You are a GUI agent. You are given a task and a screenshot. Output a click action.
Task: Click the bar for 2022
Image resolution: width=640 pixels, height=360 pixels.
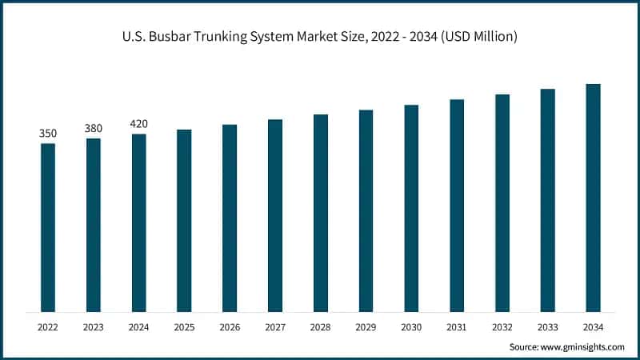48,227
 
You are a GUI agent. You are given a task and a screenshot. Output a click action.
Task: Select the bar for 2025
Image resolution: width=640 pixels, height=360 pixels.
184,220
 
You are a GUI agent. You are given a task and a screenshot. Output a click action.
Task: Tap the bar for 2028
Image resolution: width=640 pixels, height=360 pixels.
321,213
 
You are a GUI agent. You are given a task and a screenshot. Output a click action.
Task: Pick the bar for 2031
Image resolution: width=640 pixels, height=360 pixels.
457,205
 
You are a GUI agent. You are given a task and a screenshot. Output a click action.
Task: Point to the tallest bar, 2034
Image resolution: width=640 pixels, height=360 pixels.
593,198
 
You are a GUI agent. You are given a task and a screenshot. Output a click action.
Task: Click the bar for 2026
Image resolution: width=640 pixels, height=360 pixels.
230,218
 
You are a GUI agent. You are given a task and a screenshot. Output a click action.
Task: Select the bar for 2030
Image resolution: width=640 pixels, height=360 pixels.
411,208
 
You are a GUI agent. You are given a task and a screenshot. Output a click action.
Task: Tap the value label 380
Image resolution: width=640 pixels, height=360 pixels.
94,128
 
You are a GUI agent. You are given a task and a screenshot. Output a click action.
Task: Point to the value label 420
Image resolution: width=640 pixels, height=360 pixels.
139,123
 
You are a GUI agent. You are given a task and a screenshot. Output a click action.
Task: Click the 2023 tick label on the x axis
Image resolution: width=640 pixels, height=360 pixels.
94,327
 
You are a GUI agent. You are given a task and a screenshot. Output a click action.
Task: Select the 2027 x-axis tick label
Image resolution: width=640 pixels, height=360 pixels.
275,327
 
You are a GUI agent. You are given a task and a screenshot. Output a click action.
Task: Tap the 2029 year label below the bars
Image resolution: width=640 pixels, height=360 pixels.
366,327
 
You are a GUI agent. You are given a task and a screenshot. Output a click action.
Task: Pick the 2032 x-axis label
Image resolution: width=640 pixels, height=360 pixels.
502,327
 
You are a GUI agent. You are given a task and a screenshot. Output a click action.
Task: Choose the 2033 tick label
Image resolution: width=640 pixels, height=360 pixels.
547,327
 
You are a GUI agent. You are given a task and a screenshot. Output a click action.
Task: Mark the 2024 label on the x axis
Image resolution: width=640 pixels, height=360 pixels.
139,327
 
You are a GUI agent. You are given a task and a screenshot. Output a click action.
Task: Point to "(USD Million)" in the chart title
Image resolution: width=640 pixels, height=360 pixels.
475,35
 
